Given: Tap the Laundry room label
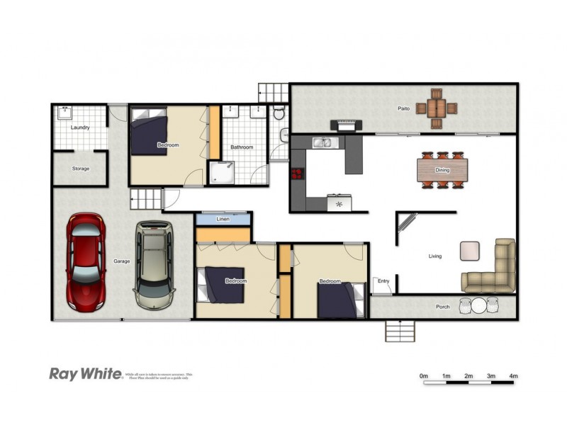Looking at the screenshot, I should (81, 127).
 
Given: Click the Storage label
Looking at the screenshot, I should (81, 169).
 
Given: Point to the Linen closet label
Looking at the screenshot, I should (223, 220).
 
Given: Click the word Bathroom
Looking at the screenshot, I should (242, 147).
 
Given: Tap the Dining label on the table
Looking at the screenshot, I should (442, 170).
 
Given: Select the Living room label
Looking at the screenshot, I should (434, 256).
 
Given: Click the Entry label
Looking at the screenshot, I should (383, 281).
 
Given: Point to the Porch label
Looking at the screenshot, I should (443, 307).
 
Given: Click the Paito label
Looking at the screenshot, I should (404, 108).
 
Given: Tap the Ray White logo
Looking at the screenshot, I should (85, 373).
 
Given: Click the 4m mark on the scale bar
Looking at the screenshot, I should (513, 375).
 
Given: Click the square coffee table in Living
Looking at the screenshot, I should (470, 251).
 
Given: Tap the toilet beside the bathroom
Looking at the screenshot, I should (279, 113).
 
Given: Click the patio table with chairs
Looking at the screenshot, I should (436, 108).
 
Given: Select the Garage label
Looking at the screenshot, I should (122, 261).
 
